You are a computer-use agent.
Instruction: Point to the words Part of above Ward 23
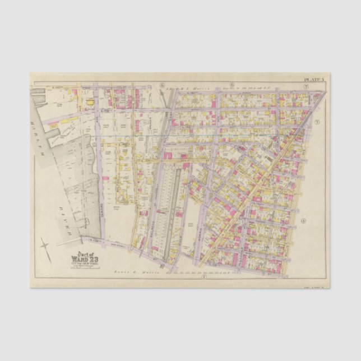pyautogui.click(x=82, y=253)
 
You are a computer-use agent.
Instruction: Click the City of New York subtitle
pyautogui.click(x=83, y=263)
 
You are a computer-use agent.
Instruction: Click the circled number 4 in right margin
pyautogui.click(x=303, y=221)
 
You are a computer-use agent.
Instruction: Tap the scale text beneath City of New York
pyautogui.click(x=83, y=267)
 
